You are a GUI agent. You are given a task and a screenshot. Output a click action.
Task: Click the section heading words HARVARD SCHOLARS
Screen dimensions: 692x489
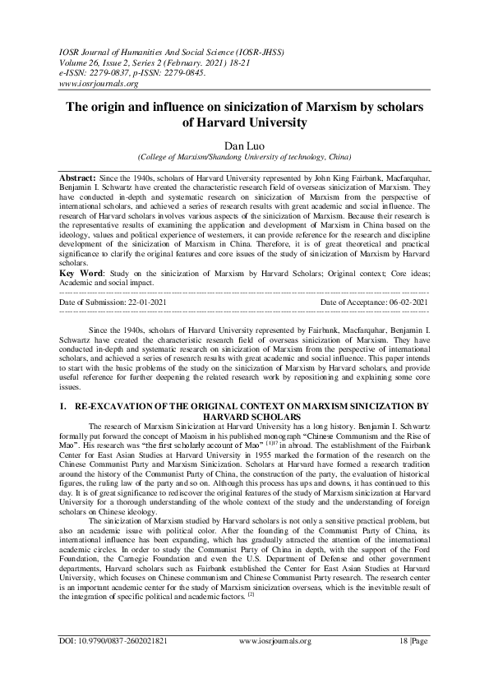click(x=244, y=416)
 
